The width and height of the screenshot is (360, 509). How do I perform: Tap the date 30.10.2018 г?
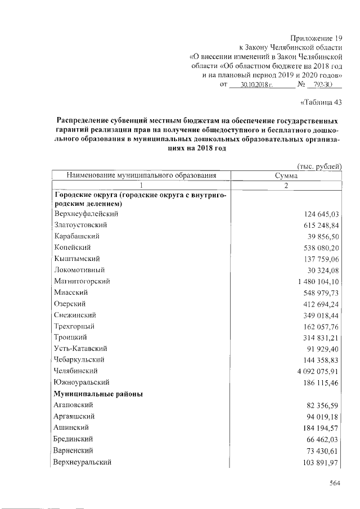pyautogui.click(x=256, y=85)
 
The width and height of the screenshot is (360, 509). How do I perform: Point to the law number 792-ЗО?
pyautogui.click(x=323, y=85)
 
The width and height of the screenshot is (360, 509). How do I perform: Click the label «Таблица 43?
pyautogui.click(x=319, y=102)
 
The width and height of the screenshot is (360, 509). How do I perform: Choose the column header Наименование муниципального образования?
pyautogui.click(x=142, y=175)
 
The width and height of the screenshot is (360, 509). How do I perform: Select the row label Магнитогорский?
pyautogui.click(x=82, y=281)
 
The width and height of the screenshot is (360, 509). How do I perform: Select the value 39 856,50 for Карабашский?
pyautogui.click(x=322, y=236)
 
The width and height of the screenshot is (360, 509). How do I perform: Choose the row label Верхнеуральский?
pyautogui.click(x=82, y=462)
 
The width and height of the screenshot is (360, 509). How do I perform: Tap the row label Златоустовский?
pyautogui.click(x=81, y=225)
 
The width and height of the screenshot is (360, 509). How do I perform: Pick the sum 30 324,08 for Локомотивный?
pyautogui.click(x=322, y=270)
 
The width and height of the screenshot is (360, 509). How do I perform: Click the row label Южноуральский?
pyautogui.click(x=80, y=382)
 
